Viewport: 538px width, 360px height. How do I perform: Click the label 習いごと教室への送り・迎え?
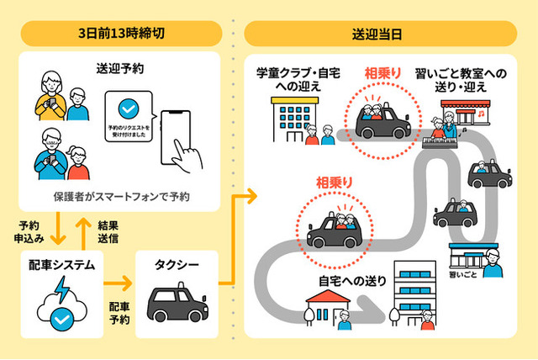462,82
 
